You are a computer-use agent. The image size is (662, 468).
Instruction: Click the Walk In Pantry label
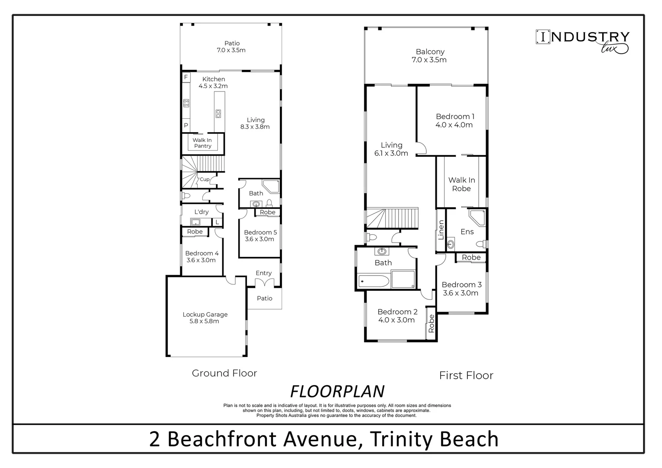pyautogui.click(x=202, y=143)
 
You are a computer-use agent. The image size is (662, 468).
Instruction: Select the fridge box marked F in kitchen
pyautogui.click(x=186, y=78)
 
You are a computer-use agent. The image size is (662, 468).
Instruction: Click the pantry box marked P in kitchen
pyautogui.click(x=186, y=125)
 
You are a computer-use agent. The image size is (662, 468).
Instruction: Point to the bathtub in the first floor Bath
pyautogui.click(x=373, y=282)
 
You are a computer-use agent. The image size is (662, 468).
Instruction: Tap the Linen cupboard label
pyautogui.click(x=441, y=230)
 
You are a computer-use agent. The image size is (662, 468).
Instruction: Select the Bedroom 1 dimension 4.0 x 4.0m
pyautogui.click(x=454, y=125)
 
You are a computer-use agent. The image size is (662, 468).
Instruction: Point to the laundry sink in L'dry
pyautogui.click(x=196, y=222)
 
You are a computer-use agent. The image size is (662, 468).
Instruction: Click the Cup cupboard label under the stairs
pyautogui.click(x=204, y=179)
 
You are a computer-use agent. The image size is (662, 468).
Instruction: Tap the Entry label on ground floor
pyautogui.click(x=263, y=273)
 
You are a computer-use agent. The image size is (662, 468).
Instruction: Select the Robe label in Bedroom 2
pyautogui.click(x=431, y=323)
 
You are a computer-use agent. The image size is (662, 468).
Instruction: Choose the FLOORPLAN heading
pyautogui.click(x=337, y=391)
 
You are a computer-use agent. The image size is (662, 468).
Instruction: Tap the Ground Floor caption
pyautogui.click(x=224, y=373)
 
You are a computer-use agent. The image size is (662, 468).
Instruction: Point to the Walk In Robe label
pyautogui.click(x=461, y=184)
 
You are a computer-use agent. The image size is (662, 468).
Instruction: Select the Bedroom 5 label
pyautogui.click(x=260, y=232)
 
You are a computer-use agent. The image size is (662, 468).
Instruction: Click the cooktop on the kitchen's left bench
pyautogui.click(x=186, y=103)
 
